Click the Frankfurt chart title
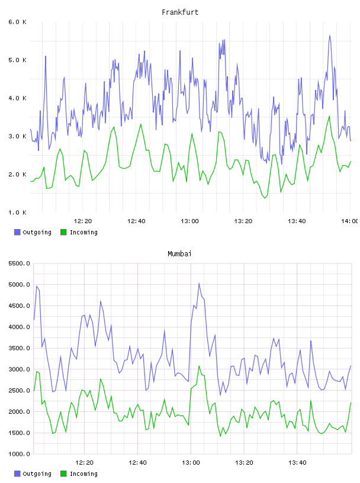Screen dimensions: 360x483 180,12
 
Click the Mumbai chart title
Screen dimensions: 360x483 179,254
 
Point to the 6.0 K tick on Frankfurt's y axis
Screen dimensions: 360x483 18,22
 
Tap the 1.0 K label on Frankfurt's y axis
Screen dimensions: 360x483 18,212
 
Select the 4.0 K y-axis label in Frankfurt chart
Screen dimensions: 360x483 18,98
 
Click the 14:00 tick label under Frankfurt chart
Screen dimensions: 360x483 350,221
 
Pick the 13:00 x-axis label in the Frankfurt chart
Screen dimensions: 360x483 189,221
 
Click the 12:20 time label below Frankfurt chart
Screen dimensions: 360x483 83,221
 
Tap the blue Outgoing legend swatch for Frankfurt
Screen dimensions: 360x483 17,232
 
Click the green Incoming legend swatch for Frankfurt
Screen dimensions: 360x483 63,232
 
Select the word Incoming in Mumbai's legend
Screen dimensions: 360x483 83,474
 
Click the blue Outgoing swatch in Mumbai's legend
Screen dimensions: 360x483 17,474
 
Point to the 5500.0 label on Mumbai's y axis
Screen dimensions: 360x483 19,263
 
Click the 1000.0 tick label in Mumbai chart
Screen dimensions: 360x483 19,454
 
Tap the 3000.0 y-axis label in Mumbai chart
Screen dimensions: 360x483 19,369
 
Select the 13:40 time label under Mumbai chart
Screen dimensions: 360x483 297,463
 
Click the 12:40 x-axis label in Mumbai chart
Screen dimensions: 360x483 137,463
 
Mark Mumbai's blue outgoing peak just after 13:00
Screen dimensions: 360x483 199,284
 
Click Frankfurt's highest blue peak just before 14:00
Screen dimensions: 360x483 330,36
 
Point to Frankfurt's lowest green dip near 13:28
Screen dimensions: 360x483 265,198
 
